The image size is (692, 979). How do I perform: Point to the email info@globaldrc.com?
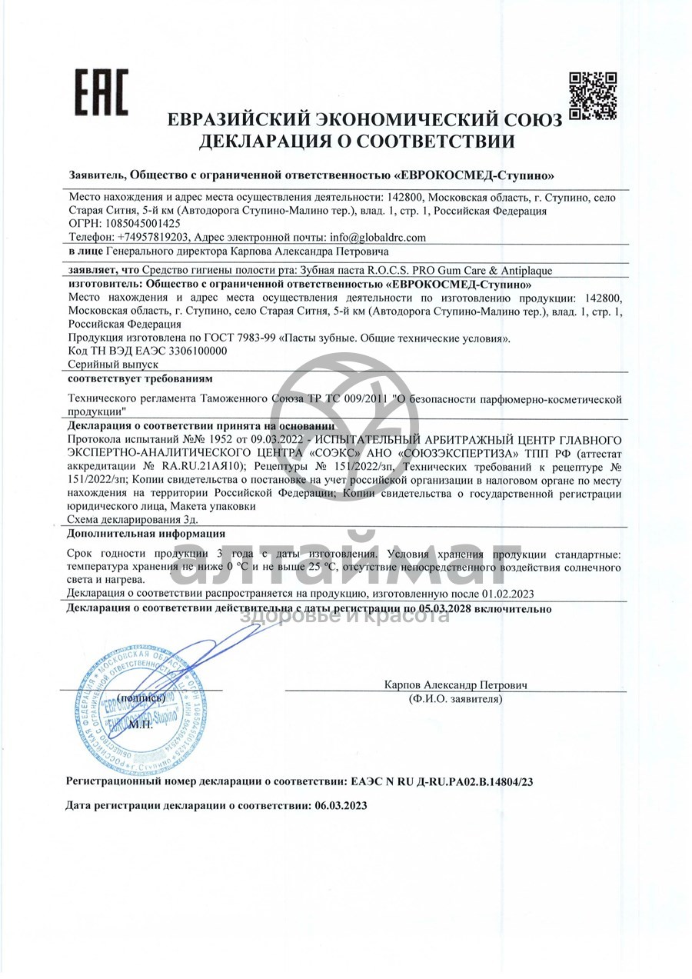pyautogui.click(x=377, y=238)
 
